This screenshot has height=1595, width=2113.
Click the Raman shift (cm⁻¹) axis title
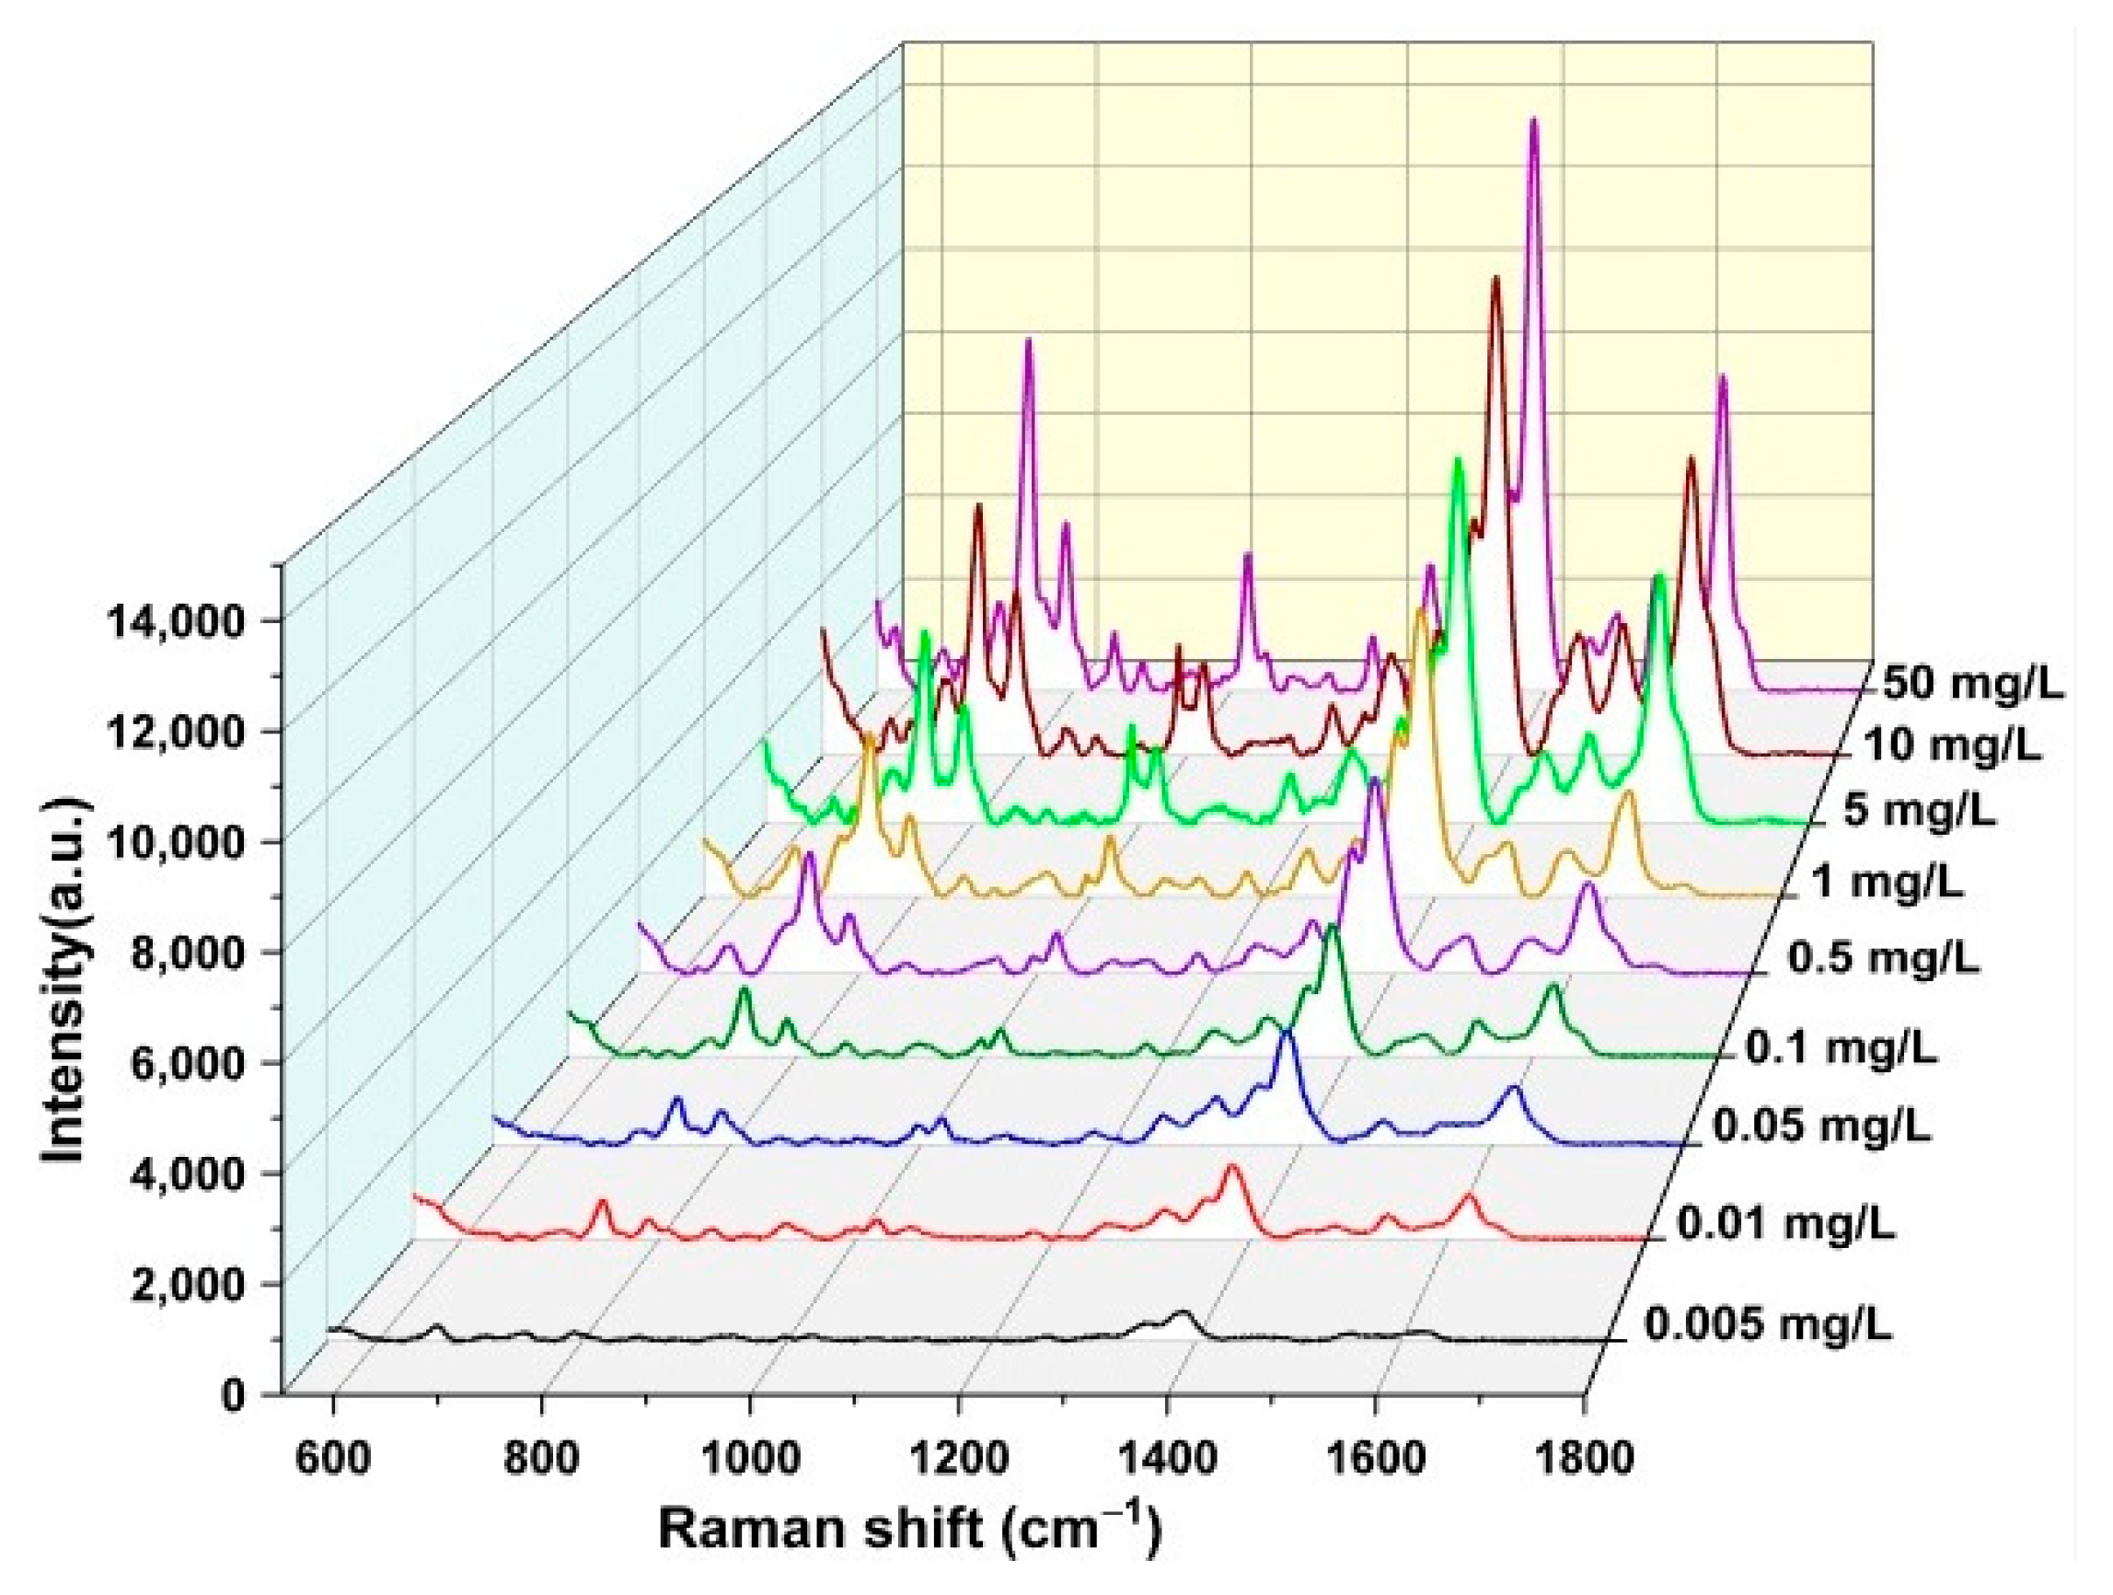click(x=908, y=1530)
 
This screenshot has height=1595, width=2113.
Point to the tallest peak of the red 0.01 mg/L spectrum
click(x=1231, y=1167)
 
